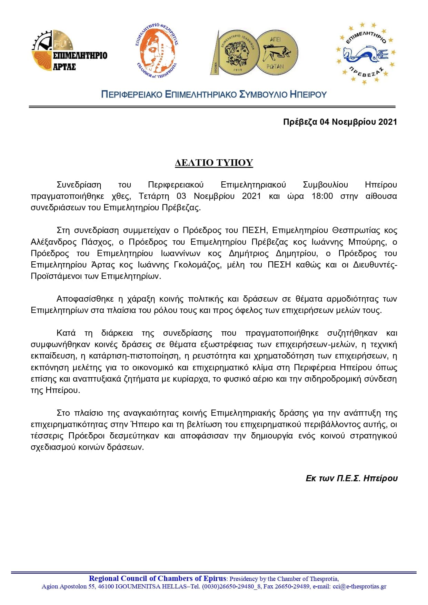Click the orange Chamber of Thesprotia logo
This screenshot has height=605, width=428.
click(x=156, y=51)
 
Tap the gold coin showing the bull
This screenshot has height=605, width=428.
click(x=277, y=52)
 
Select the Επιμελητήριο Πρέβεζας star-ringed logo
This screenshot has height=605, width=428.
click(x=366, y=53)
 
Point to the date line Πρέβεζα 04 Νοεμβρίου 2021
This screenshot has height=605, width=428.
click(x=340, y=122)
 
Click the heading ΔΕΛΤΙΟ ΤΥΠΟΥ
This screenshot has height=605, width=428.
click(x=214, y=163)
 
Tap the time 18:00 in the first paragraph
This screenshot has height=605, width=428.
click(x=322, y=196)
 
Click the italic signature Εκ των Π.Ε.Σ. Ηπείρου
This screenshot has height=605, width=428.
click(x=351, y=478)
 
